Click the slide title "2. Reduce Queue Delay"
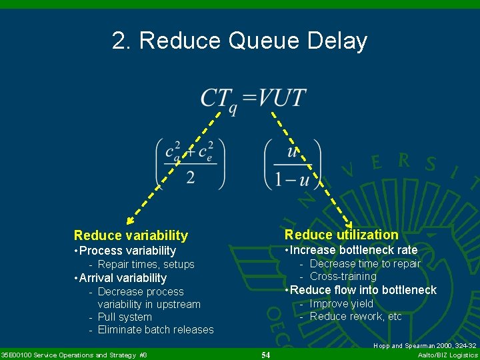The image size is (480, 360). click(240, 41)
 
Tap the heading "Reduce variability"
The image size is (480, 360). click(131, 235)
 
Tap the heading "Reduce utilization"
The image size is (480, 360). click(341, 235)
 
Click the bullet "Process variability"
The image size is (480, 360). click(127, 251)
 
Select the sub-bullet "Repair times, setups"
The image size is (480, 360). click(145, 265)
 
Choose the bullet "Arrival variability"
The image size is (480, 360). click(122, 278)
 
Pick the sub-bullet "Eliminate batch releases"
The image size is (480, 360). click(155, 329)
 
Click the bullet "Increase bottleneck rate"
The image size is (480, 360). click(351, 250)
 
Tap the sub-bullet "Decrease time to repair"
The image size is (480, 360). click(365, 263)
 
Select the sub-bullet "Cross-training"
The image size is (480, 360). click(343, 276)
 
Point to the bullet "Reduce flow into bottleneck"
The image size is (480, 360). click(360, 289)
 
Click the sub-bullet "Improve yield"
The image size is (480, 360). click(341, 303)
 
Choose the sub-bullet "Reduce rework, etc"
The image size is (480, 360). click(355, 316)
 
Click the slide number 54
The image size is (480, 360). click(265, 355)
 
